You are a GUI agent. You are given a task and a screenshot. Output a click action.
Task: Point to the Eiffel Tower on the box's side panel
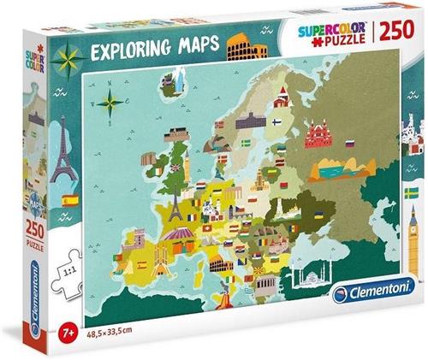61,158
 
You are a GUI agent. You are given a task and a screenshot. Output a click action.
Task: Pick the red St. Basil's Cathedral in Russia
318,136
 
